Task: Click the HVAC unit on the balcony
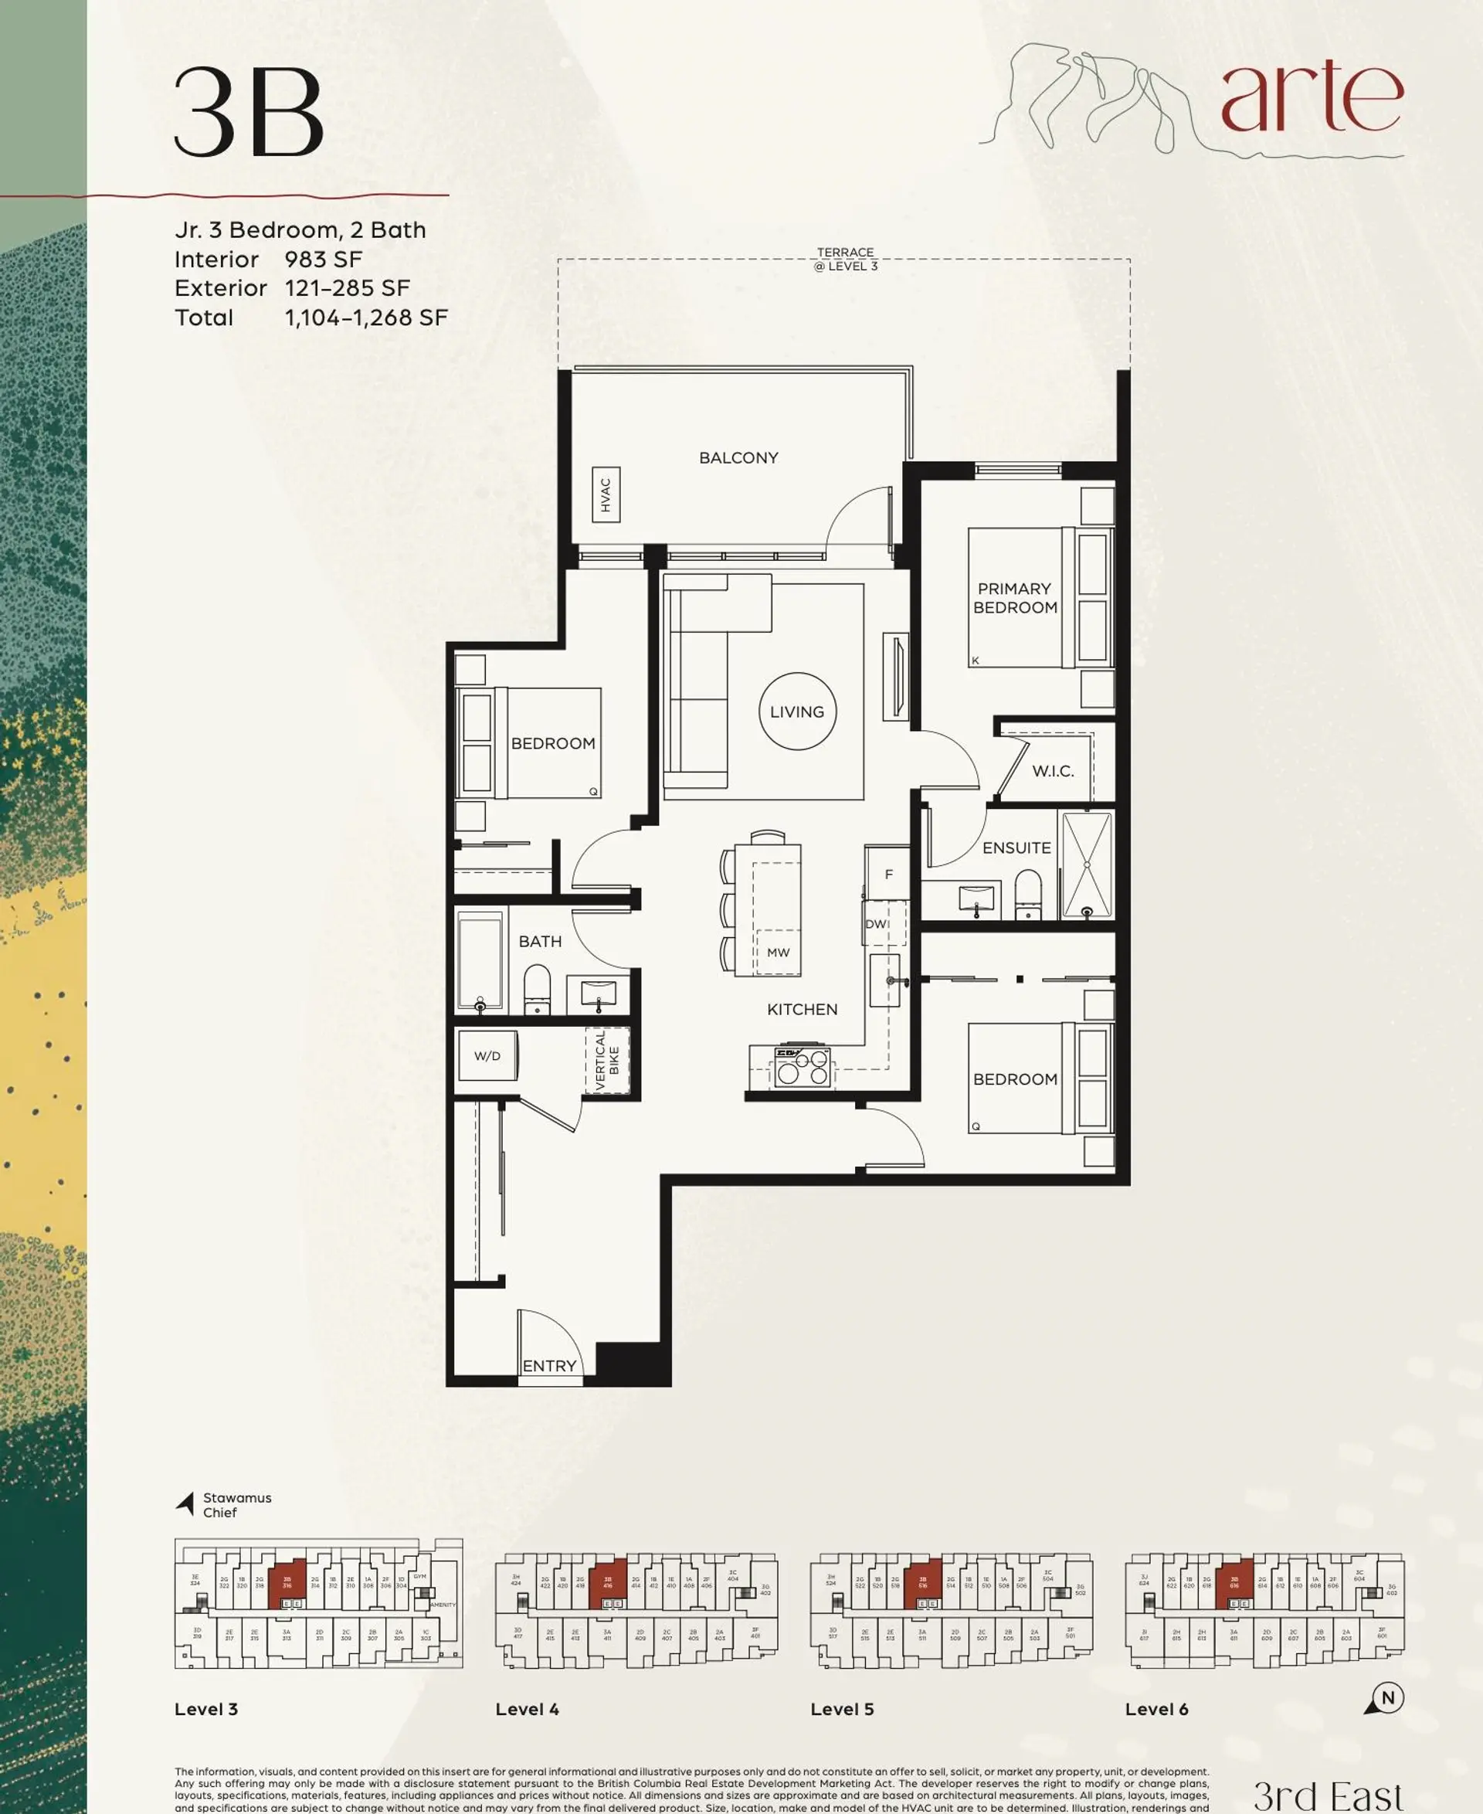(x=606, y=494)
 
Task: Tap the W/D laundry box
(x=487, y=1056)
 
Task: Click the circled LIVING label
(x=797, y=712)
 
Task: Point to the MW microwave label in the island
(x=777, y=952)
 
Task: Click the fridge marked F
(x=887, y=874)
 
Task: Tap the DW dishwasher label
(x=875, y=924)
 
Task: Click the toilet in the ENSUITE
(x=1028, y=893)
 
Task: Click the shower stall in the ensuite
(x=1086, y=865)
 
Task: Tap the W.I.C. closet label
(x=1053, y=771)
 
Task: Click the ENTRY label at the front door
(x=549, y=1365)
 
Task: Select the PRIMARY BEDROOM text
(x=1015, y=598)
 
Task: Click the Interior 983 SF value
(x=323, y=260)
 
